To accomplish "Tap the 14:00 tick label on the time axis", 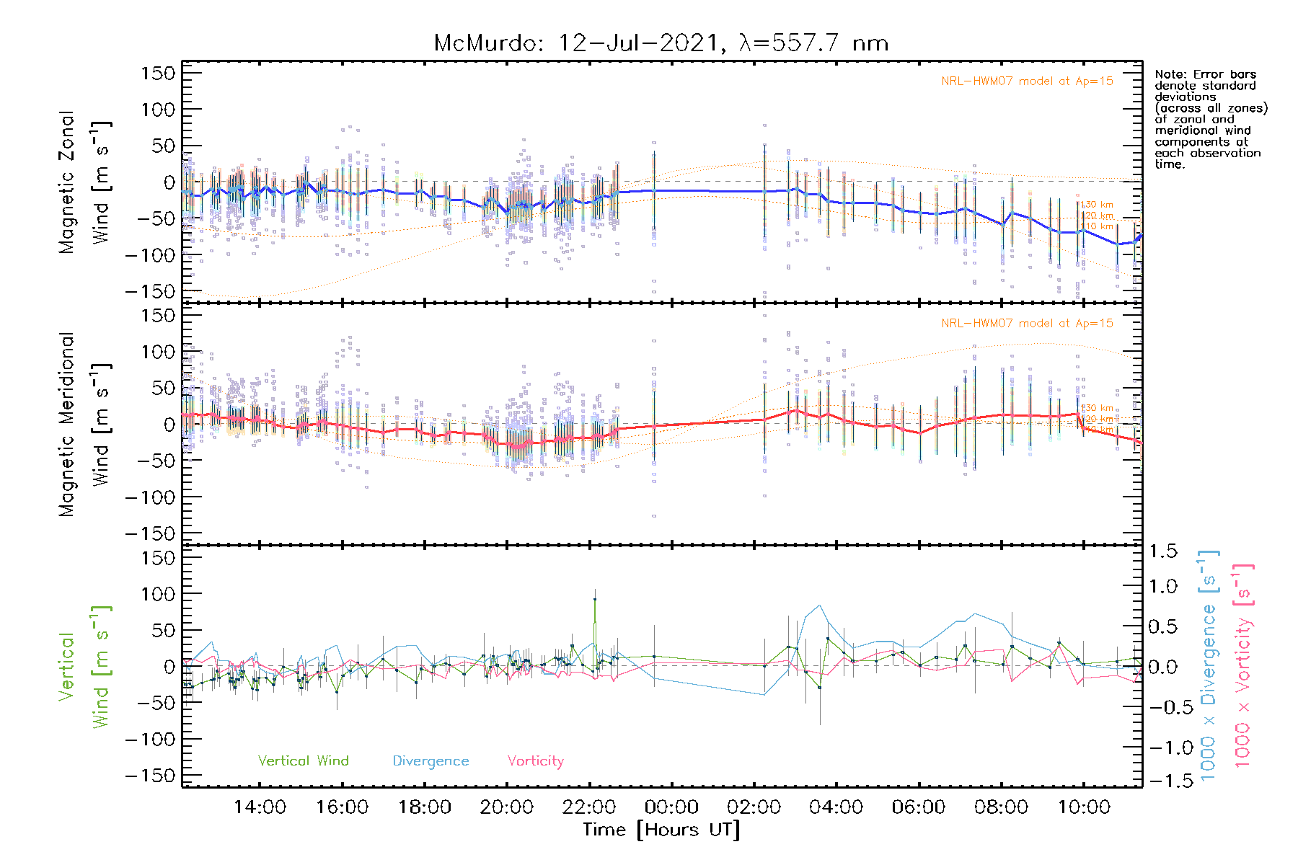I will [260, 807].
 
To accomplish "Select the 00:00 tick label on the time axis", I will [671, 807].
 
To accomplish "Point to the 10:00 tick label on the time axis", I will [1083, 807].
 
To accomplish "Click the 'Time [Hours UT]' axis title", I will [661, 830].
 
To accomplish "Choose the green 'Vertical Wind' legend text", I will [303, 760].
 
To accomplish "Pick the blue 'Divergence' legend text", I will [431, 760].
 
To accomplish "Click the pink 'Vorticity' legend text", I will [535, 760].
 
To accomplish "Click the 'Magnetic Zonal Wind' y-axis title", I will [85, 182].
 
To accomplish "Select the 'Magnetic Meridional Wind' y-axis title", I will [85, 425].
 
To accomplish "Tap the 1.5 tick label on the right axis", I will [1162, 551].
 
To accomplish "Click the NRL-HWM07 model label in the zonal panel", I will [1027, 81].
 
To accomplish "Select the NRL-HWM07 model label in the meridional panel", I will [1027, 324].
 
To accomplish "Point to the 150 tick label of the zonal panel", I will [158, 73].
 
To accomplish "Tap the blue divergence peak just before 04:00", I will [819, 605].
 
